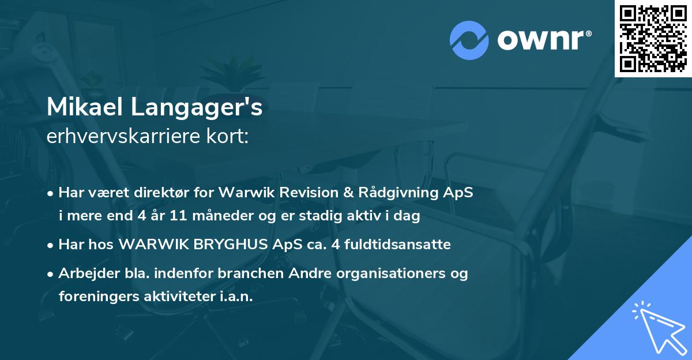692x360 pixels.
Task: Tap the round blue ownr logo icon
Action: coord(469,40)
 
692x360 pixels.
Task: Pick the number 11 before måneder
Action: coord(185,216)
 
